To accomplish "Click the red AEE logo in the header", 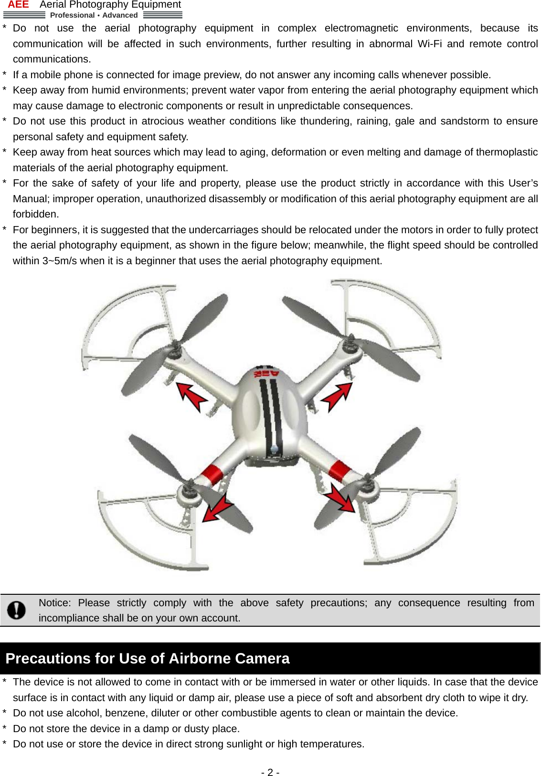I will (x=18, y=5).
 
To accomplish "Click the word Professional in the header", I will (x=72, y=15).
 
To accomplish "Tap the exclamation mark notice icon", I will (x=17, y=610).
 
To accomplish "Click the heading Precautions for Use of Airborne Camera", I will (x=148, y=659).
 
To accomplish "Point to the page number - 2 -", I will (x=270, y=772).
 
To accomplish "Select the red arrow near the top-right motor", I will (x=337, y=396).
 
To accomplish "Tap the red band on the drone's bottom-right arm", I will (x=340, y=470).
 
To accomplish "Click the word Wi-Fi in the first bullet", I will (x=429, y=44).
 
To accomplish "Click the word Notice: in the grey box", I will (x=54, y=603).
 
